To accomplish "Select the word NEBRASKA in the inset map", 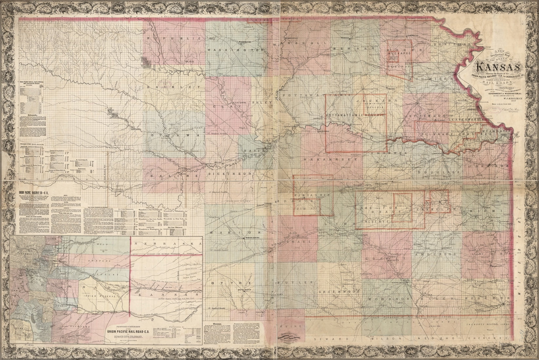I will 166,244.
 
